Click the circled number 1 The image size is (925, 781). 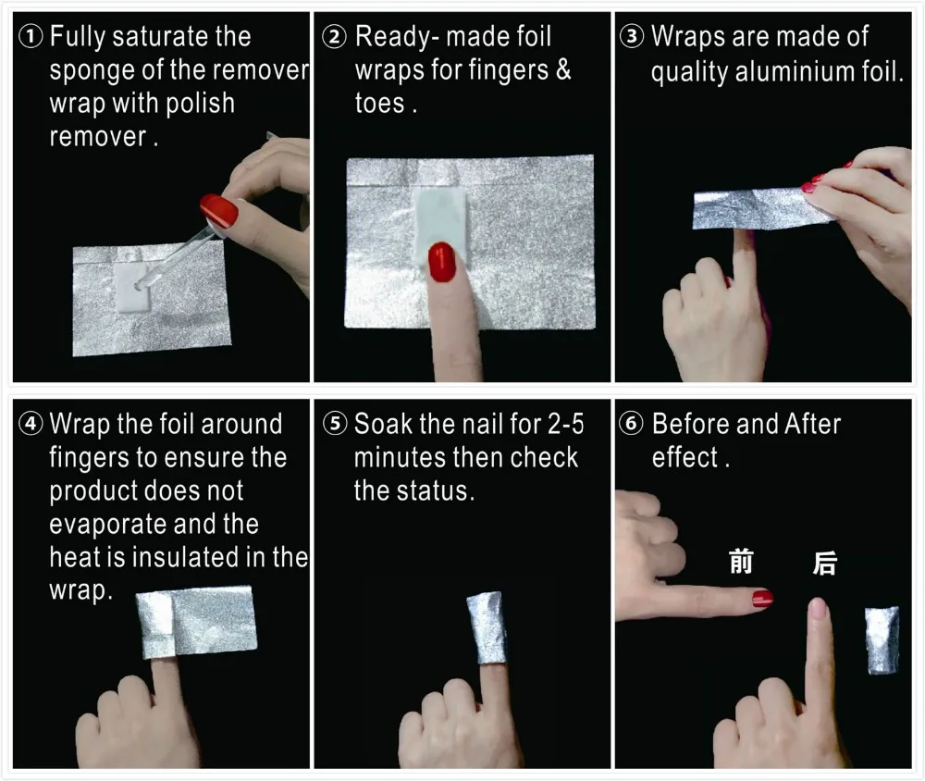click(31, 37)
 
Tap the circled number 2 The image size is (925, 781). click(335, 37)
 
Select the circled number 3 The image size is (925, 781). click(632, 37)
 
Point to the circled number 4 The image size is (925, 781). click(31, 424)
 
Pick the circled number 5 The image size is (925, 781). click(335, 424)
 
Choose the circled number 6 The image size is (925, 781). click(631, 424)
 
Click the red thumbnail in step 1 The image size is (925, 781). click(219, 209)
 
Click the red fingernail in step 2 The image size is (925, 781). click(442, 262)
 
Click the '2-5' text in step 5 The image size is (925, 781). click(566, 424)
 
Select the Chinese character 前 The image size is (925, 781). click(741, 562)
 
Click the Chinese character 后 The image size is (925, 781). click(825, 563)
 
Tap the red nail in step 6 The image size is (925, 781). click(762, 599)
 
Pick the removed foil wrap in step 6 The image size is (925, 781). click(882, 640)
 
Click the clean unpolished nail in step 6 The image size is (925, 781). click(817, 608)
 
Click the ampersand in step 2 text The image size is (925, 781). click(563, 69)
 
